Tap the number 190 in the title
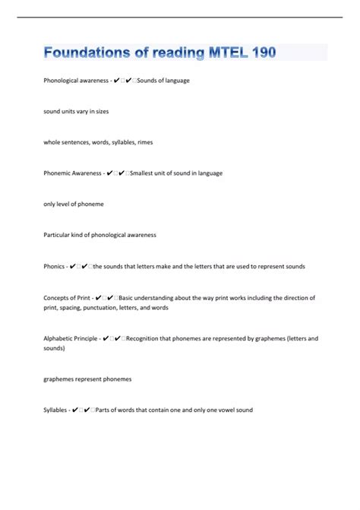pos(259,52)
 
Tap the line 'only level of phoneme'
pos(74,204)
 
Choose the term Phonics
pos(54,266)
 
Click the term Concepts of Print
pos(68,297)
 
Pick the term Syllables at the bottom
pos(56,410)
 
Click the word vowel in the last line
pos(223,410)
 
